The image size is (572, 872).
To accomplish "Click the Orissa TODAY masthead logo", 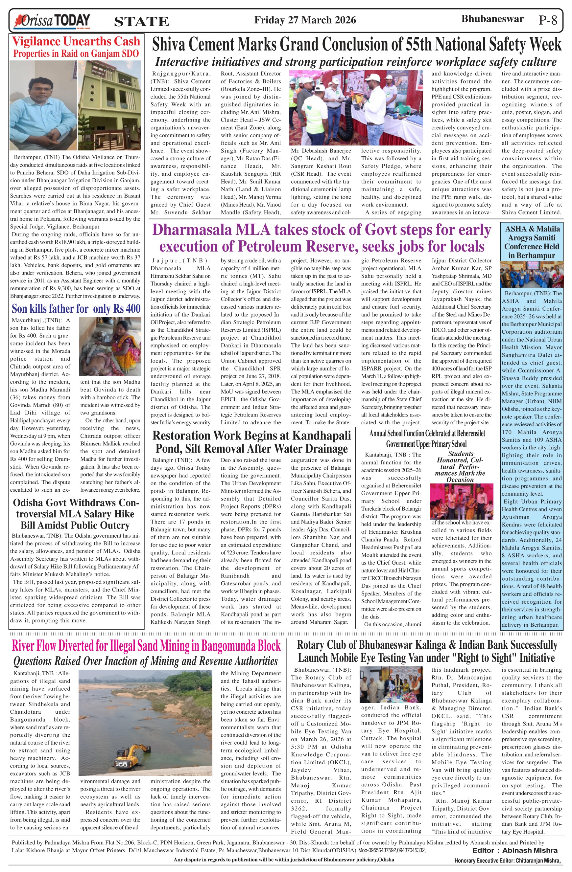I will (51, 20).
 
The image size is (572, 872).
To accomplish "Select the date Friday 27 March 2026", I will (305, 20).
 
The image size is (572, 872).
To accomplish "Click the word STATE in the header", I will (142, 22).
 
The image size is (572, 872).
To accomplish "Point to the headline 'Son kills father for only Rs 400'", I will (76, 308).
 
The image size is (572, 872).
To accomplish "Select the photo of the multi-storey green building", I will (109, 105).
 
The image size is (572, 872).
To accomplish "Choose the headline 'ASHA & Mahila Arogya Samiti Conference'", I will (532, 242).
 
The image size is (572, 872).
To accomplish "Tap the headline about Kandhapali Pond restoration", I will (251, 442).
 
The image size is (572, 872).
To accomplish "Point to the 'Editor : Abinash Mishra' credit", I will (515, 850).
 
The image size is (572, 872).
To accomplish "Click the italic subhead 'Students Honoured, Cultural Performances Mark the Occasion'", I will (461, 466).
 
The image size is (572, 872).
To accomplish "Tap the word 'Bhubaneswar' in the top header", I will (492, 19).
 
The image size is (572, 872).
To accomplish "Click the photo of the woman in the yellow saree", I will (110, 346).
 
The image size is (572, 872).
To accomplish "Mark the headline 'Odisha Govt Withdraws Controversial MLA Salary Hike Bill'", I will (75, 514).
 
